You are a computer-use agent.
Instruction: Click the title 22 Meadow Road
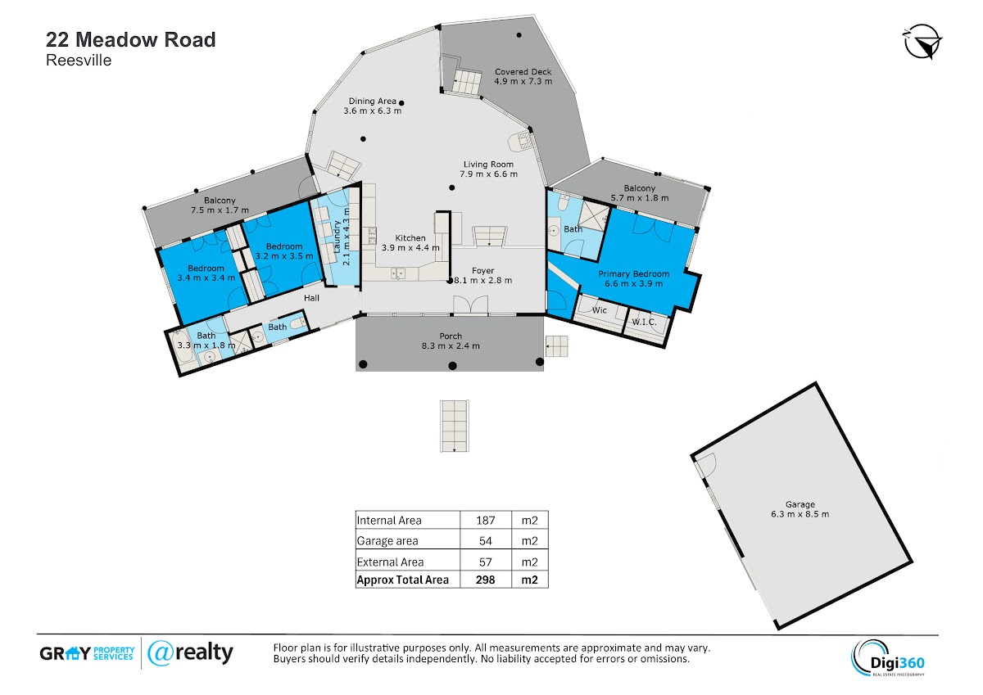(131, 39)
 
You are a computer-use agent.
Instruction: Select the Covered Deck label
(523, 71)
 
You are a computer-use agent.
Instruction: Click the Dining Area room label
(372, 101)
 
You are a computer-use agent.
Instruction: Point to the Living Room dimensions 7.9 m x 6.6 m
(488, 174)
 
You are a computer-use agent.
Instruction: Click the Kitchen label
(410, 238)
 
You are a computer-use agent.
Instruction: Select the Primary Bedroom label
(634, 273)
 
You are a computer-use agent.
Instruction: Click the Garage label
(800, 504)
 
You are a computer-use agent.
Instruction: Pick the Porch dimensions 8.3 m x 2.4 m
(451, 345)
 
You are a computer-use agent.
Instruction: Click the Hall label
(311, 298)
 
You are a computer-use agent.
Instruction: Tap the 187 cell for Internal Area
(485, 520)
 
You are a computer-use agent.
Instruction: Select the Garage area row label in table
(387, 540)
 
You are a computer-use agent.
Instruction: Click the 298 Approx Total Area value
(485, 580)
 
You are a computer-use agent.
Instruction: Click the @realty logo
(190, 653)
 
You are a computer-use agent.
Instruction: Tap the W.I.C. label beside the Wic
(644, 322)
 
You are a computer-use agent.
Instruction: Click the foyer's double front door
(470, 305)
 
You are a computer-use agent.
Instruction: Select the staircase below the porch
(455, 426)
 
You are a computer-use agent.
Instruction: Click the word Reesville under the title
(79, 60)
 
